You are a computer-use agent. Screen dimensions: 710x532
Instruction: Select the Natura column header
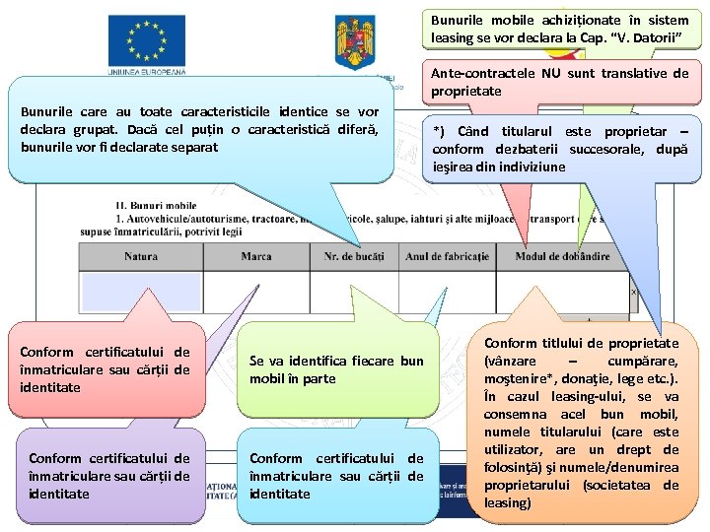click(x=141, y=257)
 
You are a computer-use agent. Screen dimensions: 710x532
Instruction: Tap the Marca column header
click(x=256, y=257)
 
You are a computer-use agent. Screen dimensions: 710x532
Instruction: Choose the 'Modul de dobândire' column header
click(x=562, y=257)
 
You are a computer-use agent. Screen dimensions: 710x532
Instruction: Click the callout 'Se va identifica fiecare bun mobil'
click(x=335, y=369)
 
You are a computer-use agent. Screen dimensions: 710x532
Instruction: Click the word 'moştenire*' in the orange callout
click(x=521, y=378)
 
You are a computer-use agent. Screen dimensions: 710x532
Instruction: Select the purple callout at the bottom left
click(x=109, y=475)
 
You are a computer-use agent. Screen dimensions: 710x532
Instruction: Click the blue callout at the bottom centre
click(x=336, y=475)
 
